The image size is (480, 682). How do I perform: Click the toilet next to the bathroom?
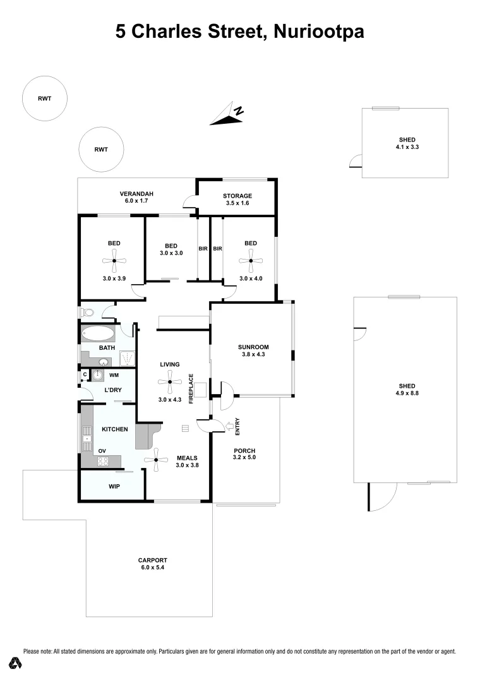click(87, 313)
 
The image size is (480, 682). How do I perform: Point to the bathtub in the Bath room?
click(98, 333)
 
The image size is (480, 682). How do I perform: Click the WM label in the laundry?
click(114, 375)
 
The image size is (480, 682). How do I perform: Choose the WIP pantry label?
click(114, 487)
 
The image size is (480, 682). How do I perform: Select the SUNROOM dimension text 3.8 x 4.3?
click(253, 355)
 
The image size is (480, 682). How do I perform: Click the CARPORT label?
click(153, 560)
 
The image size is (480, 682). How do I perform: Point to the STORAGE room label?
click(237, 196)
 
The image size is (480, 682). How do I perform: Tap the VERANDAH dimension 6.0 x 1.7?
click(137, 201)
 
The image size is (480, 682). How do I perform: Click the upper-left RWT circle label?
click(44, 99)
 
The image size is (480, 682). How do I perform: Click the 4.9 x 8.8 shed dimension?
click(407, 393)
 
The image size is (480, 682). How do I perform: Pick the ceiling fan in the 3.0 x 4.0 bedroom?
click(251, 260)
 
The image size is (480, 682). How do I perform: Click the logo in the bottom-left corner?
click(16, 663)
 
